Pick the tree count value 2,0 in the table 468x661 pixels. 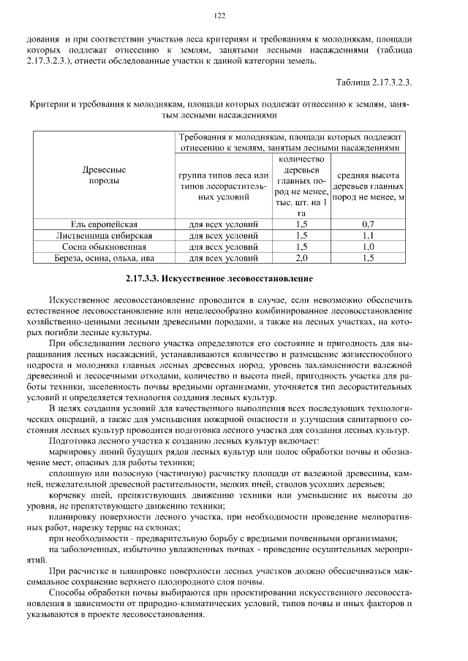pyautogui.click(x=301, y=259)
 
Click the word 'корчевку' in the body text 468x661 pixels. pyautogui.click(x=68, y=494)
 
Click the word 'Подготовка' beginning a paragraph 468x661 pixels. pyautogui.click(x=73, y=441)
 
